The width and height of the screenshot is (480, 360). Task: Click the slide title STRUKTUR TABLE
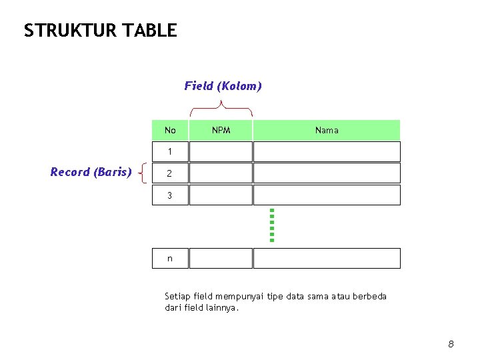pyautogui.click(x=100, y=31)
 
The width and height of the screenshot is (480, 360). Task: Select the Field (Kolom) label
pyautogui.click(x=223, y=86)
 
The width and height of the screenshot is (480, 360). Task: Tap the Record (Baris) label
pyautogui.click(x=91, y=172)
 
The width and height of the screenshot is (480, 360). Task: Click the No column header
pyautogui.click(x=170, y=130)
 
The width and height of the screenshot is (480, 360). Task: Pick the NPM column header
pyautogui.click(x=221, y=130)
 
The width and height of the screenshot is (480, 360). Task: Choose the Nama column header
pyautogui.click(x=327, y=130)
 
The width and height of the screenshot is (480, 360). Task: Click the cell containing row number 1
pyautogui.click(x=170, y=152)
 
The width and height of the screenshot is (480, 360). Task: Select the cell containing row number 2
pyautogui.click(x=170, y=173)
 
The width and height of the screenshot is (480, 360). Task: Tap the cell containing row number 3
pyautogui.click(x=170, y=195)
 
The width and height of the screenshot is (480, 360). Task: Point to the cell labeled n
pyautogui.click(x=170, y=259)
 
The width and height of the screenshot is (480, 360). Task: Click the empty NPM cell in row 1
pyautogui.click(x=221, y=152)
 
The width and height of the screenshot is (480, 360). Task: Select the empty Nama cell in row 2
pyautogui.click(x=327, y=173)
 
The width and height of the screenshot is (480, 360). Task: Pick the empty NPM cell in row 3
pyautogui.click(x=221, y=195)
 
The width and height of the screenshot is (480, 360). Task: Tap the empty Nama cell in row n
pyautogui.click(x=327, y=259)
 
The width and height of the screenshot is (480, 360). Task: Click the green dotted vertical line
pyautogui.click(x=272, y=225)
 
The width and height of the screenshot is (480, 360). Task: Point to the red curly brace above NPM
pyautogui.click(x=221, y=107)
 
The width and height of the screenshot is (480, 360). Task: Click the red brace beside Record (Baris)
pyautogui.click(x=142, y=173)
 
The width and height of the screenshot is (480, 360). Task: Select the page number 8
pyautogui.click(x=451, y=344)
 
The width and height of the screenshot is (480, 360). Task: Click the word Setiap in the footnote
pyautogui.click(x=177, y=296)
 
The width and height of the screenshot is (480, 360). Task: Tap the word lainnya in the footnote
pyautogui.click(x=221, y=308)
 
